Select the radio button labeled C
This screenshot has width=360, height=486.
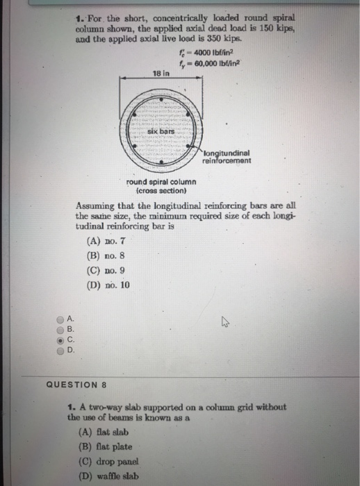60,340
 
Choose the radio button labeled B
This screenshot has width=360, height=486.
60,330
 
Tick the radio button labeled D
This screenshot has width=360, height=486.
60,350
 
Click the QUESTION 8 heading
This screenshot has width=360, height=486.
77,383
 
